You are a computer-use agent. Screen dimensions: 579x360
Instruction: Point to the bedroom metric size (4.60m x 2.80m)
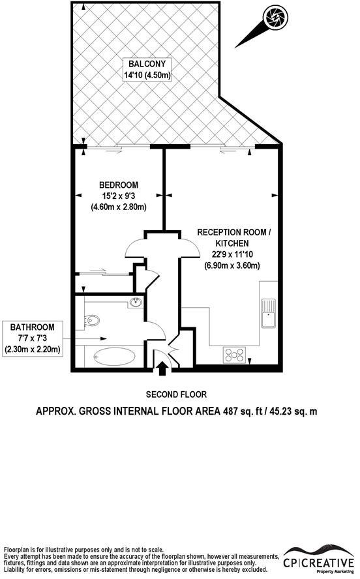coord(118,207)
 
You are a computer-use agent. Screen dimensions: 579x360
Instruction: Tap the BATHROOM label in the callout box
coord(32,327)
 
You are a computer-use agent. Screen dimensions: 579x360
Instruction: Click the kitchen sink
coord(268,313)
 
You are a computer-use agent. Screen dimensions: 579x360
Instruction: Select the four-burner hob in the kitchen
coord(235,355)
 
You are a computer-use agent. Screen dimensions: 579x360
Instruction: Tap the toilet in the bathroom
coord(92,319)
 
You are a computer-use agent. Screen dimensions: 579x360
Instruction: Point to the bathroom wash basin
coord(136,302)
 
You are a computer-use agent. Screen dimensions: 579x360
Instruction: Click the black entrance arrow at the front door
coord(162,370)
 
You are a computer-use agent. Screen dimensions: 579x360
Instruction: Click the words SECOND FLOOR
coord(176,394)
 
